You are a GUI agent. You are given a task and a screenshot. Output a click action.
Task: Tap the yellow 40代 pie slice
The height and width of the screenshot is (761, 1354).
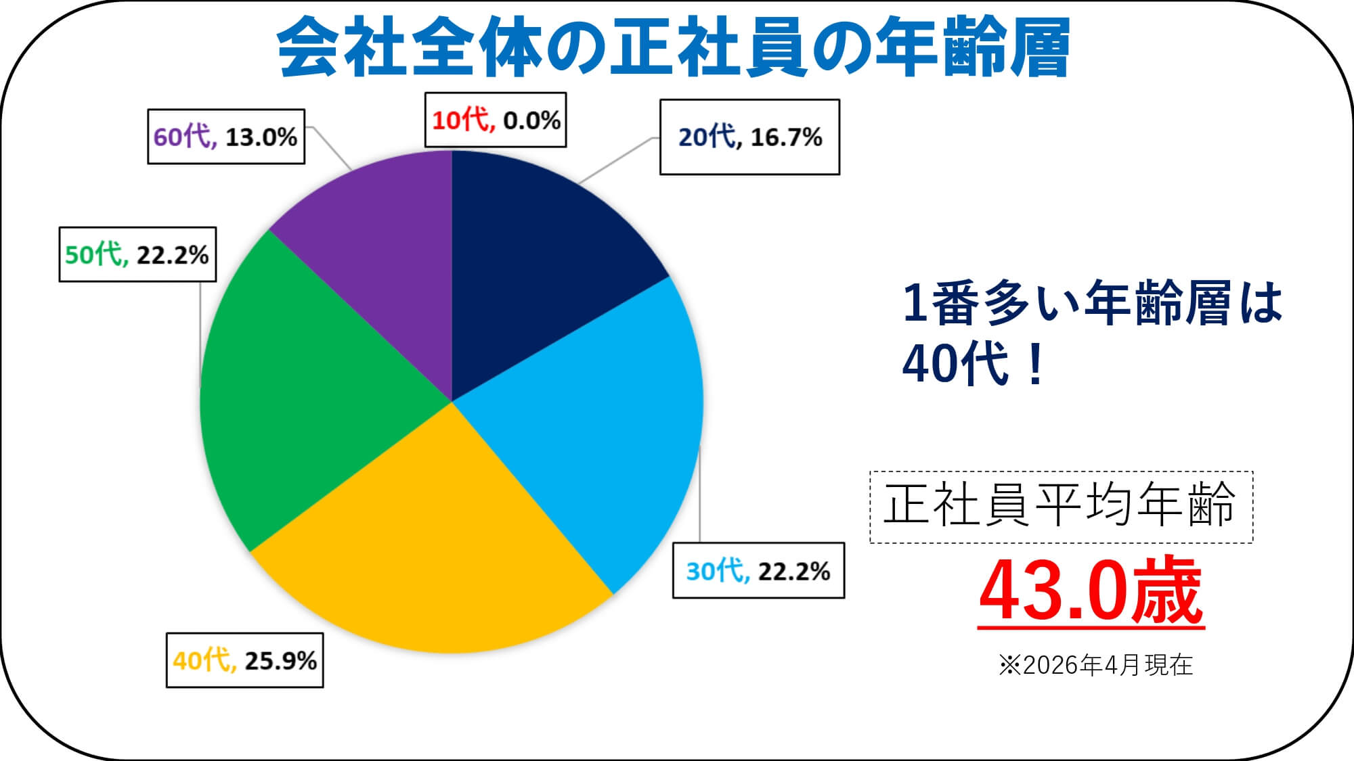[x=433, y=555]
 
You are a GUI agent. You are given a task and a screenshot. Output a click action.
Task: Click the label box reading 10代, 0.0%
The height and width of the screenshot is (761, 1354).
[x=496, y=120]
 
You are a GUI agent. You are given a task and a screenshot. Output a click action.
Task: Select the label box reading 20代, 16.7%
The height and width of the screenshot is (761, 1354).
[x=749, y=137]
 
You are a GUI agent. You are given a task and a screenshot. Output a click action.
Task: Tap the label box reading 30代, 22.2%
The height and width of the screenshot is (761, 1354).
[x=758, y=571]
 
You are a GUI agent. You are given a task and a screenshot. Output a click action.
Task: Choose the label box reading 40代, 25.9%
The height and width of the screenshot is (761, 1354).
[x=244, y=660]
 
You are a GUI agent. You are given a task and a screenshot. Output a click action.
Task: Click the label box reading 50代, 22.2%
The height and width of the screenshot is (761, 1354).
[x=137, y=254]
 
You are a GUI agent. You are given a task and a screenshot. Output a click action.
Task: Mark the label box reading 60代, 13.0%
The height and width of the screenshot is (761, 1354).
[x=226, y=137]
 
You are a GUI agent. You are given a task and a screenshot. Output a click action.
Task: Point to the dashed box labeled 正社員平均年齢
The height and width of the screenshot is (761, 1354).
[x=1061, y=507]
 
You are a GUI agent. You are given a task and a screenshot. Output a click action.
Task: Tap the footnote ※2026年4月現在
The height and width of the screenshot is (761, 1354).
[x=1095, y=666]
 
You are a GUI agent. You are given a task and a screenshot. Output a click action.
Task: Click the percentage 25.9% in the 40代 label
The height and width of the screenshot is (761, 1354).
[x=281, y=661]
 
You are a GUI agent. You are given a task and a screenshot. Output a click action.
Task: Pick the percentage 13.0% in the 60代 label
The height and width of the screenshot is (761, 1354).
[x=261, y=137]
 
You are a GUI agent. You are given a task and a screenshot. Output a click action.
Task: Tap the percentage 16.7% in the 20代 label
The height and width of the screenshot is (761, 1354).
[x=786, y=137]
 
